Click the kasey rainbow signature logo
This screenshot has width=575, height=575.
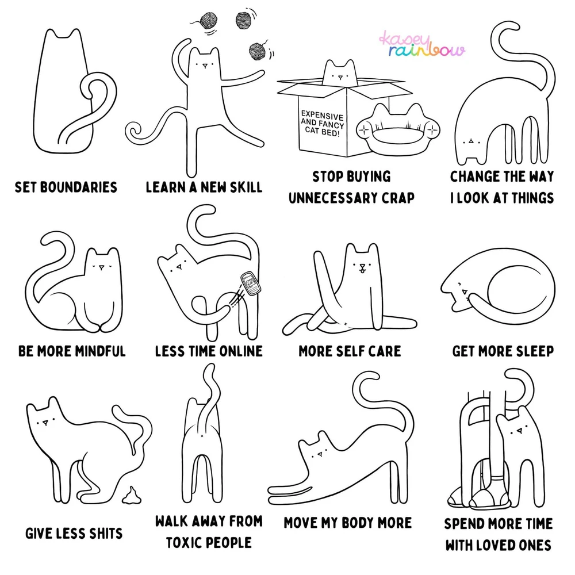(421, 44)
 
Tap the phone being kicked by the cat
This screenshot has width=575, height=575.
(251, 283)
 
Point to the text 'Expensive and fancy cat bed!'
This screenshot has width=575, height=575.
(323, 124)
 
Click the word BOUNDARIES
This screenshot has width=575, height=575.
(78, 187)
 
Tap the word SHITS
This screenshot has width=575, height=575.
(105, 534)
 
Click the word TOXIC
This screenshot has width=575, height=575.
(183, 543)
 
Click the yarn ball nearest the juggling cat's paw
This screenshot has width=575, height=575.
(258, 52)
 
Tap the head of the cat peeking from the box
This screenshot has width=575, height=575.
(340, 74)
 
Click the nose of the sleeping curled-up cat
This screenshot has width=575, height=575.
(465, 292)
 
